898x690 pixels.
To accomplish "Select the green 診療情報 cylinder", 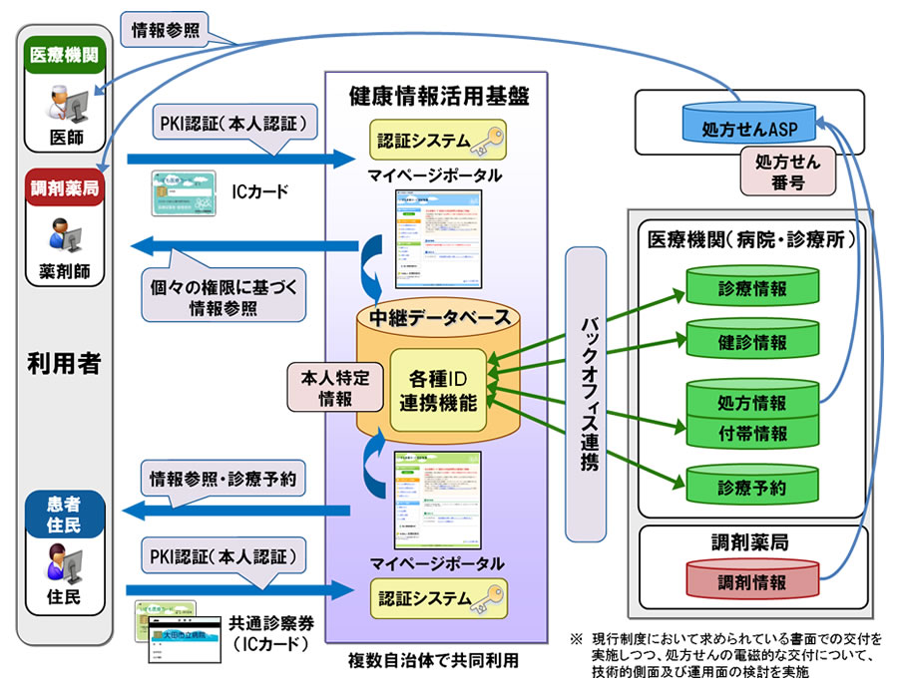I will [751, 287].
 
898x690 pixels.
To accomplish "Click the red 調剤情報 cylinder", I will [751, 580].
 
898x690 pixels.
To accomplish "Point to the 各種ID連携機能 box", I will [437, 390].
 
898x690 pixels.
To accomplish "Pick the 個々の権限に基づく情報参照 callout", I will [222, 296].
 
